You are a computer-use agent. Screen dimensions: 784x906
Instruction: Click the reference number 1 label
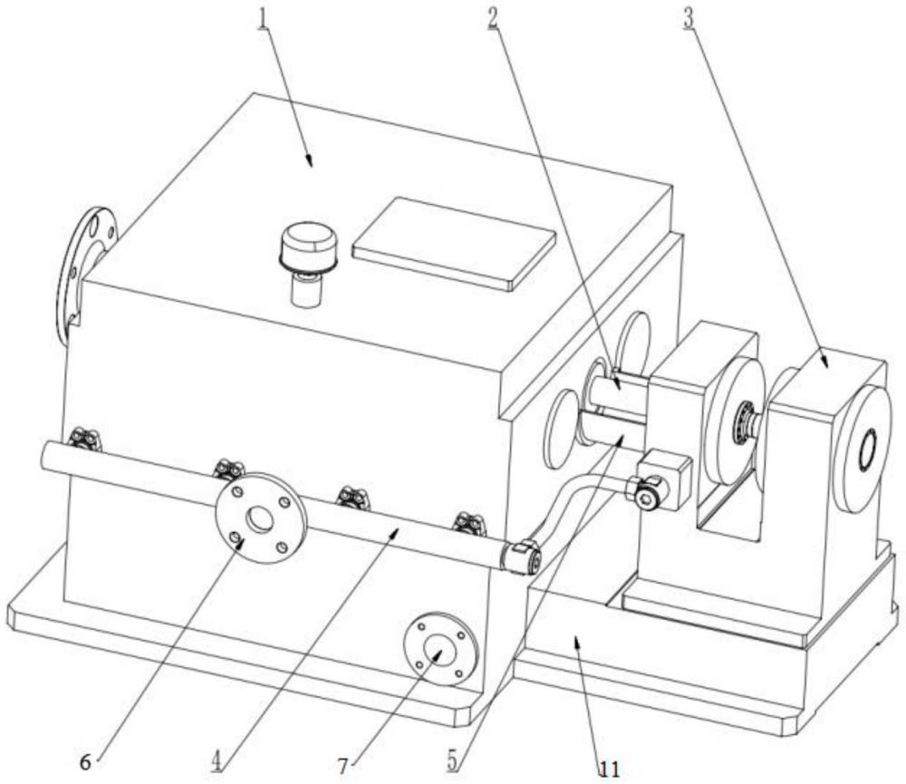point(263,19)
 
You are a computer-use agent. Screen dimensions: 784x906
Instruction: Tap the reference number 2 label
point(494,19)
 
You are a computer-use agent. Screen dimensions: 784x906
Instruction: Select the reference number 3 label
point(690,19)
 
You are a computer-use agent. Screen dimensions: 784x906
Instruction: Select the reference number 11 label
point(609,769)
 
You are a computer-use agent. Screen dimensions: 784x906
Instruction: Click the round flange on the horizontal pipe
point(260,518)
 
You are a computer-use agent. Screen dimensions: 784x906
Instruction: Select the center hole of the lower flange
point(440,653)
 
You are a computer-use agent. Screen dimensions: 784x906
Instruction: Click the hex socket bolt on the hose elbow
point(646,495)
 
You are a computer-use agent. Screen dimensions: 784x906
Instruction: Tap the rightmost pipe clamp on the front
point(467,521)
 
